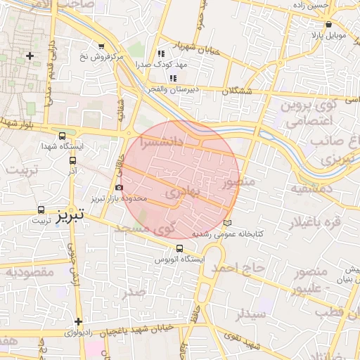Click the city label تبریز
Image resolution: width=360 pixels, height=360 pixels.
(70, 212)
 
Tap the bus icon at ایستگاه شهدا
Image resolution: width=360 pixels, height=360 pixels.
(63, 136)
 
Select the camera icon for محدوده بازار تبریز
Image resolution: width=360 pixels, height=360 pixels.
(119, 188)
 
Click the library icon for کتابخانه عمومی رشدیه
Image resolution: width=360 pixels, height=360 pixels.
(226, 223)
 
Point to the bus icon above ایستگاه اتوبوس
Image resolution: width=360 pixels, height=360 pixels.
(179, 248)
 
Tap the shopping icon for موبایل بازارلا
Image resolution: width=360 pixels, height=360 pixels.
(329, 24)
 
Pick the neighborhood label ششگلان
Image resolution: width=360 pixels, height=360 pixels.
(236, 91)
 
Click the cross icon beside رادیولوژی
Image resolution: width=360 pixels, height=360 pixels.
(79, 321)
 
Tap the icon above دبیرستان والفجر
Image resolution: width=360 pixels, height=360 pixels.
(173, 77)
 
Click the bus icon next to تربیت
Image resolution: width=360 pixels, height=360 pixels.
(41, 210)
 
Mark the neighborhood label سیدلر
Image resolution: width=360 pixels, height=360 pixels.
(251, 314)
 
